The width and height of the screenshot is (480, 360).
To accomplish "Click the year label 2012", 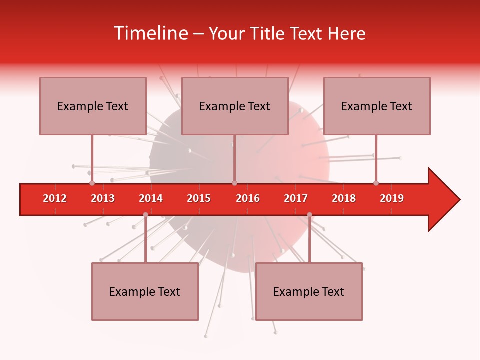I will pyautogui.click(x=55, y=198).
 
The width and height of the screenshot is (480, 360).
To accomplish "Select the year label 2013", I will pyautogui.click(x=103, y=198).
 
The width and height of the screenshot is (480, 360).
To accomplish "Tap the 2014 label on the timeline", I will pyautogui.click(x=151, y=198).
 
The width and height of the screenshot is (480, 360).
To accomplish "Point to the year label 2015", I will pyautogui.click(x=199, y=198).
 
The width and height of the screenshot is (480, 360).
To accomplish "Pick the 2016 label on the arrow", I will pyautogui.click(x=248, y=198).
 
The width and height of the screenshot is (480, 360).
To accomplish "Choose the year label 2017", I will pyautogui.click(x=296, y=198).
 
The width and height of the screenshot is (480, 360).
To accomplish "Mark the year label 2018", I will pyautogui.click(x=344, y=198).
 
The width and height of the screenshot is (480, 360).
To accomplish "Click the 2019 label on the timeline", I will pyautogui.click(x=392, y=198).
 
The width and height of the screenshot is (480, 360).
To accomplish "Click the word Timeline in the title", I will pyautogui.click(x=150, y=33).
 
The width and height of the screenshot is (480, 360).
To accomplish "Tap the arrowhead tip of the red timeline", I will pyautogui.click(x=459, y=200).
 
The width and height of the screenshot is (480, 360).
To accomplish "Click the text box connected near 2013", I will pyautogui.click(x=93, y=106).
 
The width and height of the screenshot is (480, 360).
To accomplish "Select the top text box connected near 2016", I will pyautogui.click(x=235, y=106).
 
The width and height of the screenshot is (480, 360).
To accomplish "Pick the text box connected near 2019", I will pyautogui.click(x=377, y=106).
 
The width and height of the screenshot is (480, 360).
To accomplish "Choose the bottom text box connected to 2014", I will pyautogui.click(x=145, y=291).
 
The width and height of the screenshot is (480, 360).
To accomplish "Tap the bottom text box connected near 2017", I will pyautogui.click(x=309, y=291).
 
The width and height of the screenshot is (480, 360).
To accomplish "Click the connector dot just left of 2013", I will pyautogui.click(x=92, y=183).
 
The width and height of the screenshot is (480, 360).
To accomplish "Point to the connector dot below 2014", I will pyautogui.click(x=145, y=215).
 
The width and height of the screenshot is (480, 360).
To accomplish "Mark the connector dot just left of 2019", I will pyautogui.click(x=376, y=183).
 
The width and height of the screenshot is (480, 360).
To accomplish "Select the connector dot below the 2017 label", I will pyautogui.click(x=309, y=215).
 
